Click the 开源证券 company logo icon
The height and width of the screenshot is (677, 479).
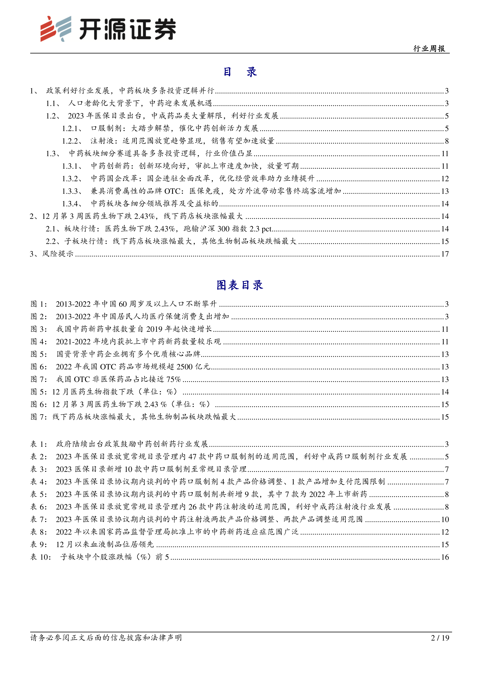coord(55,29)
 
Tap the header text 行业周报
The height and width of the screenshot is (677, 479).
coord(429,49)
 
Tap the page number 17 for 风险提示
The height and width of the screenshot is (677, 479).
coord(445,254)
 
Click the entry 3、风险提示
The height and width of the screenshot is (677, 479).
coord(52,254)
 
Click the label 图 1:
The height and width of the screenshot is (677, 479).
coord(39,304)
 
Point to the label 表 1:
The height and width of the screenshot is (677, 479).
coord(39,444)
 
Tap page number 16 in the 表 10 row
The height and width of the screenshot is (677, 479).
coord(445,557)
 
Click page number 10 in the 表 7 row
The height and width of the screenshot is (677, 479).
coord(445,519)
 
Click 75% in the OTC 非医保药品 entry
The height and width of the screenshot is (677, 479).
coord(173,379)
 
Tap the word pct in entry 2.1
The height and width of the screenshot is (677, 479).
coord(266,229)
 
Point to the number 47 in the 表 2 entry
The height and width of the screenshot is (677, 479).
coord(192,457)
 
